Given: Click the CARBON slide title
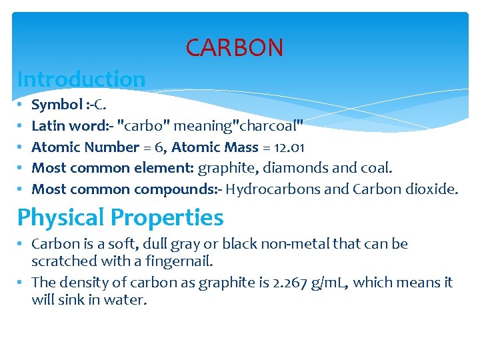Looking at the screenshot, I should (234, 48).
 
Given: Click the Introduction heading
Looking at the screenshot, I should (81, 79).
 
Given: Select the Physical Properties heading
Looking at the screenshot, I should (120, 218).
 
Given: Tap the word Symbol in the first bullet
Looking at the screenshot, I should (55, 105).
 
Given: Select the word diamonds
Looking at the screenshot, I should (300, 168).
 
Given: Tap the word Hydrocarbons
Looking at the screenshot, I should (273, 189).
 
